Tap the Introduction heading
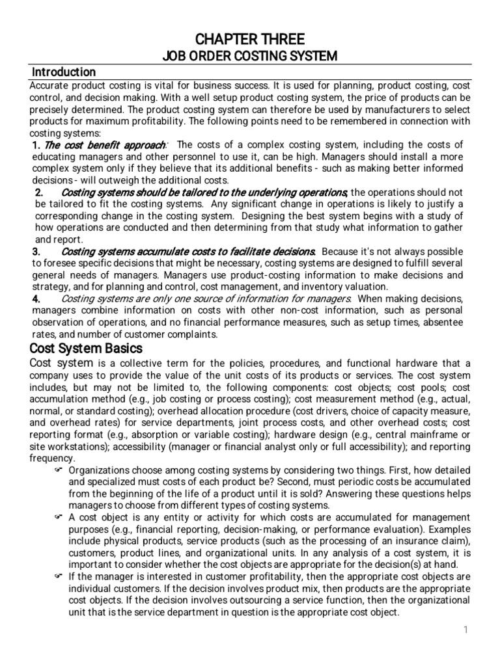point(64,72)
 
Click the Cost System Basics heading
point(87,349)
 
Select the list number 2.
point(38,192)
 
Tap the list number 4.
point(37,299)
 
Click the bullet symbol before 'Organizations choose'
point(57,470)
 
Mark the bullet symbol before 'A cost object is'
point(57,517)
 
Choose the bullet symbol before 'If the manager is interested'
point(57,576)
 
